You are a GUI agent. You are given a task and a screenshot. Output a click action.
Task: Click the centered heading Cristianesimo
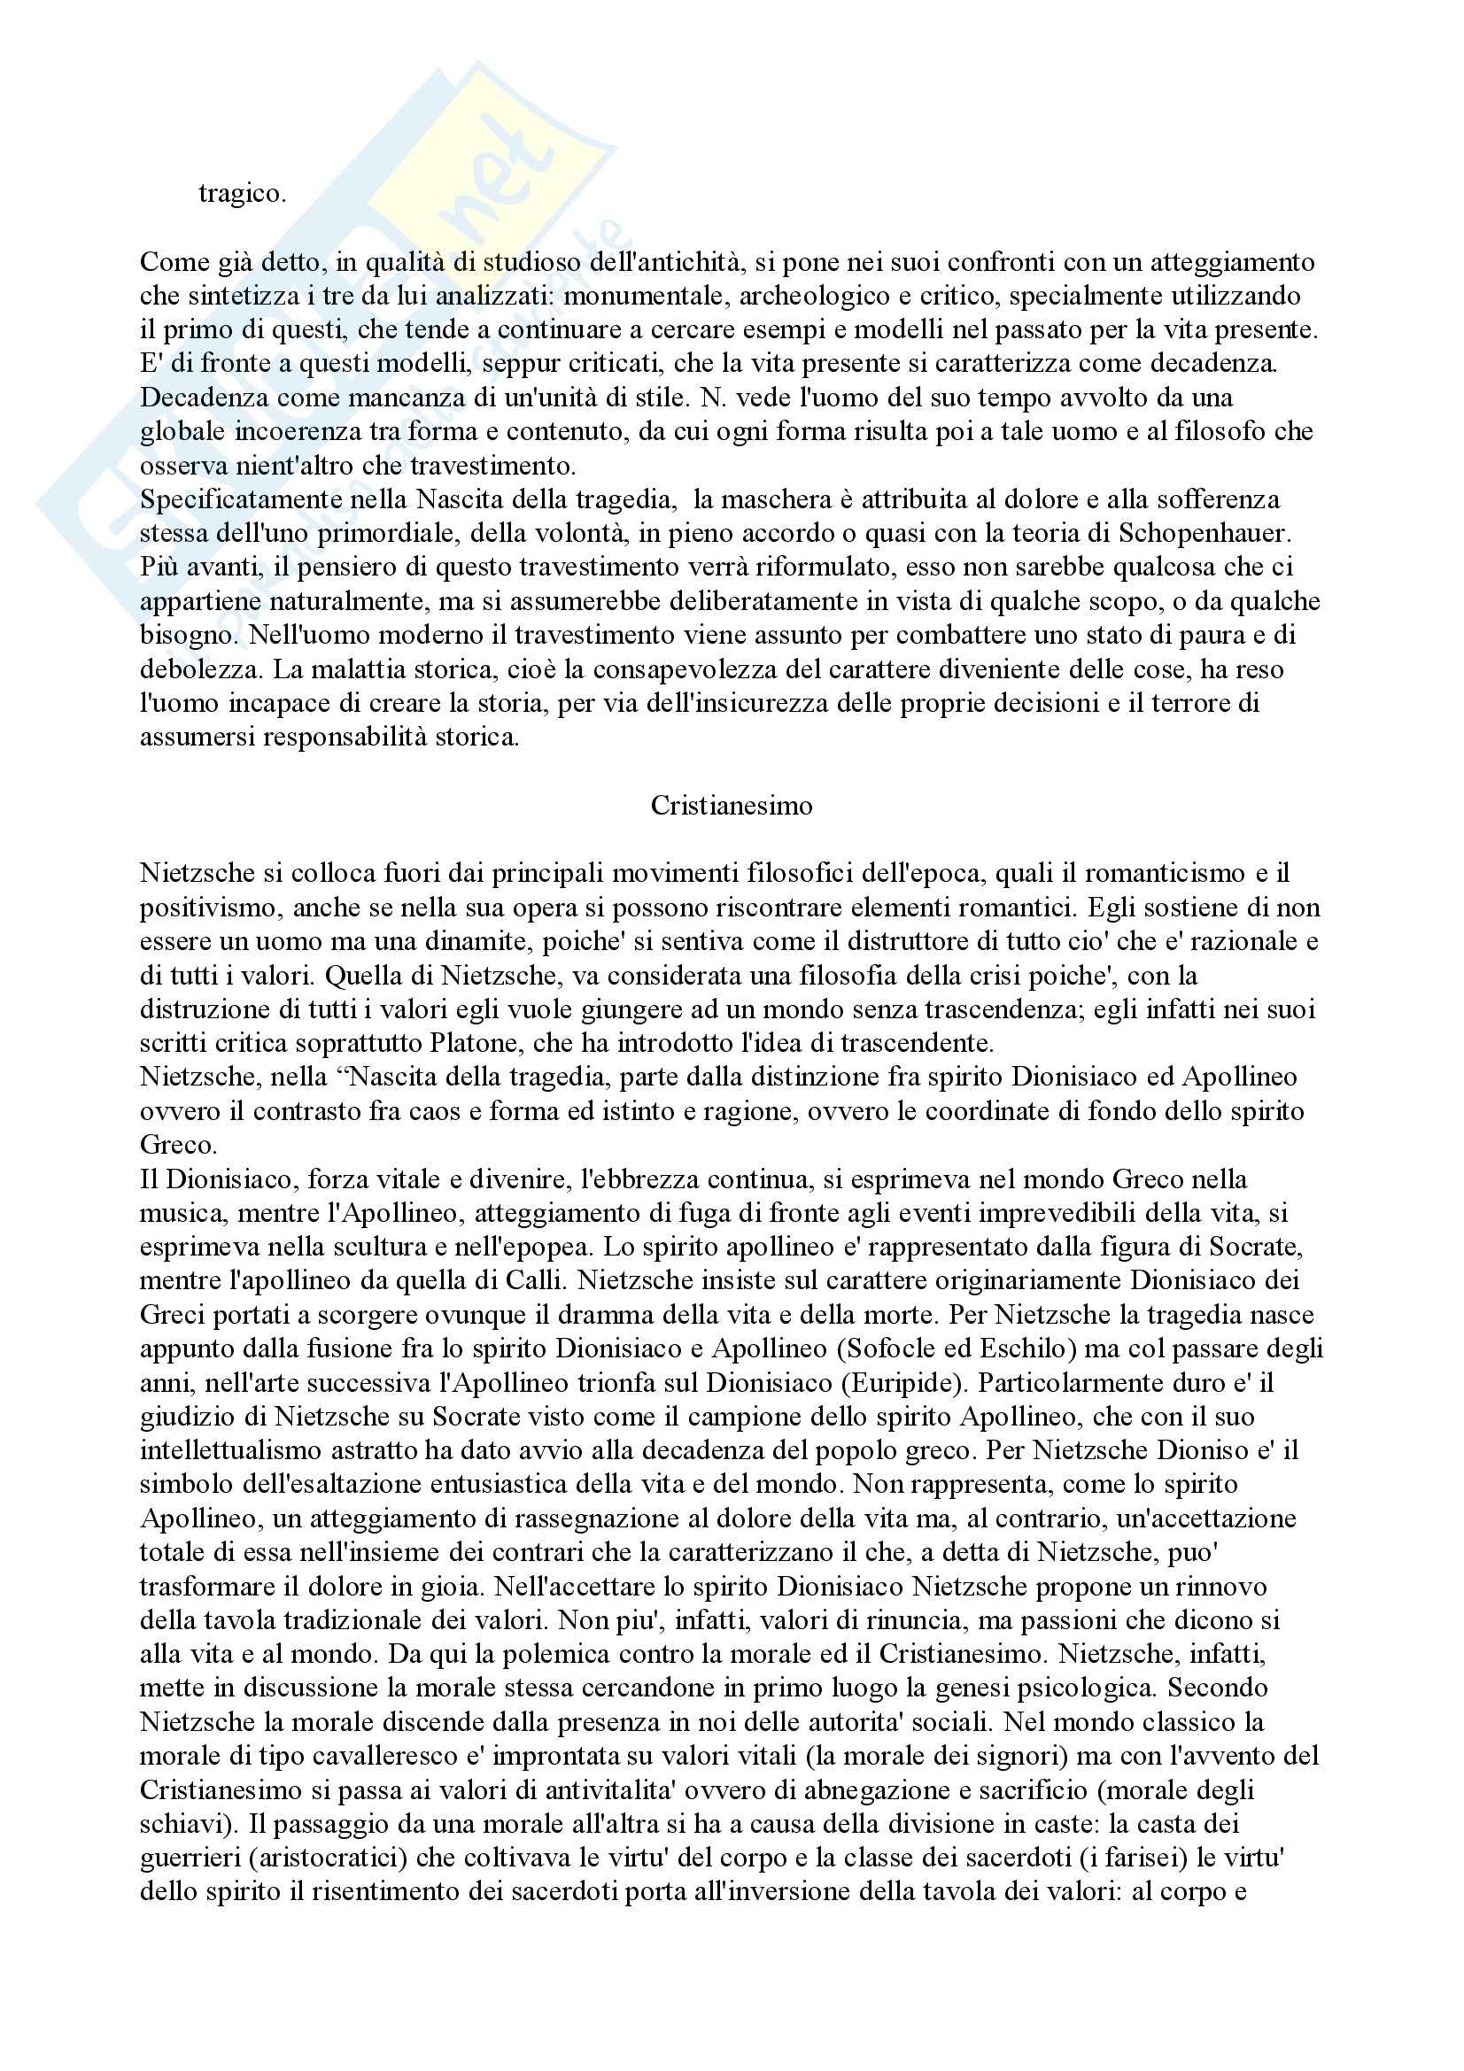732,806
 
